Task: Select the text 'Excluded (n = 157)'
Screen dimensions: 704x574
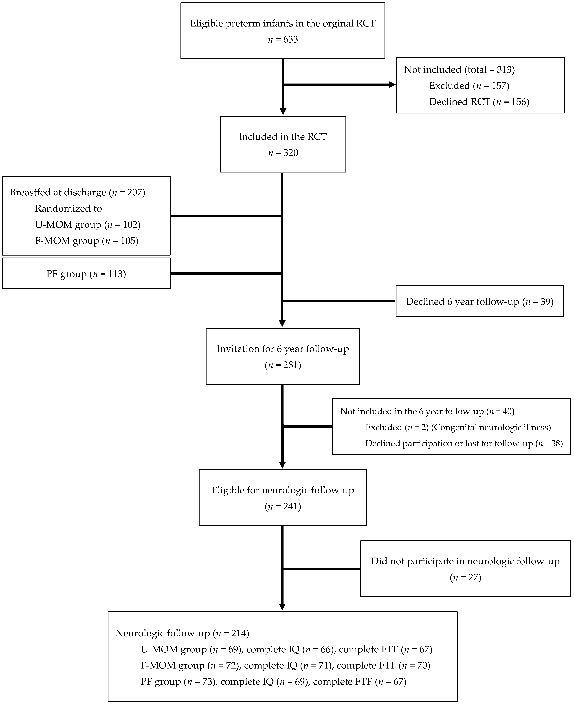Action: pos(469,86)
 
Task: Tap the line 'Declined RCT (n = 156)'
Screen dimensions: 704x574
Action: pos(479,102)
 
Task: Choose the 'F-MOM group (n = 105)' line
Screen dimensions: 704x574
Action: pos(87,241)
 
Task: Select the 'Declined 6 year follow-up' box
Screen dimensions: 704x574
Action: pos(479,301)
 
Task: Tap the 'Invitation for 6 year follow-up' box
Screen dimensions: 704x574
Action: pos(283,356)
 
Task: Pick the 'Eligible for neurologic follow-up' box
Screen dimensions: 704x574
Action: pos(283,498)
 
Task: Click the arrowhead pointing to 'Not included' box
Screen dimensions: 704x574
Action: pos(392,85)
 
